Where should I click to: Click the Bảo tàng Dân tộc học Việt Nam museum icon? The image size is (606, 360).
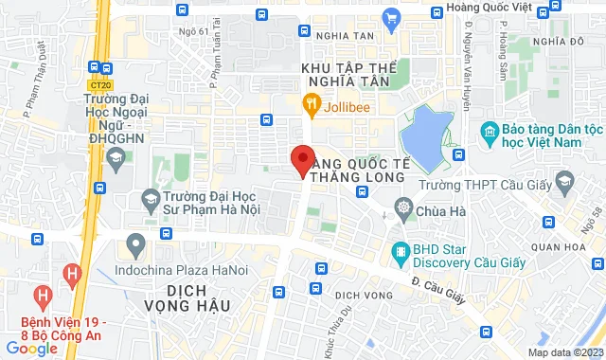[490, 130]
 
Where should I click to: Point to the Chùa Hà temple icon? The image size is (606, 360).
[404, 207]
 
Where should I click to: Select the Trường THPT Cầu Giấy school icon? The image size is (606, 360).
[564, 181]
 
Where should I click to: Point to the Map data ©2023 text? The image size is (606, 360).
[563, 352]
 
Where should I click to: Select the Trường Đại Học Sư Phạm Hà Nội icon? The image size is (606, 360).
[150, 198]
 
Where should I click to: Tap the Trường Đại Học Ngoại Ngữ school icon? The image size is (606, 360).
[115, 153]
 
